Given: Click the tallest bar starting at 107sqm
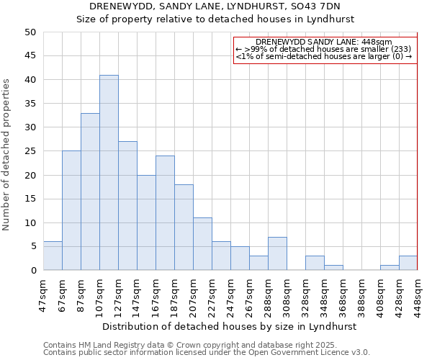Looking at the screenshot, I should (x=109, y=173).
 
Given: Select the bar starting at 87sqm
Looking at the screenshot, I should (x=90, y=192).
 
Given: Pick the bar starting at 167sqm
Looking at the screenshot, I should (x=165, y=213).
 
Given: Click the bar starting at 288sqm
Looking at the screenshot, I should (x=277, y=253).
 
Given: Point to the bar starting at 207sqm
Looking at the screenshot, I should (x=202, y=244).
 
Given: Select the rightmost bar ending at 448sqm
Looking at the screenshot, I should (x=408, y=263).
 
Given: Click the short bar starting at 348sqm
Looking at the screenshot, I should (x=333, y=268).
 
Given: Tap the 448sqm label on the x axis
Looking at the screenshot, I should (x=418, y=296).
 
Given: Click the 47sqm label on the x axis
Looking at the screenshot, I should (x=42, y=296).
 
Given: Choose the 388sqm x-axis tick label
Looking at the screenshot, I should (x=361, y=296).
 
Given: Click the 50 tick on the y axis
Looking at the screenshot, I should (x=30, y=32).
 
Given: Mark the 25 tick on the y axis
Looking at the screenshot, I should (x=30, y=151).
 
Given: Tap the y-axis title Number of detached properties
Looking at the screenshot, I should (x=8, y=155).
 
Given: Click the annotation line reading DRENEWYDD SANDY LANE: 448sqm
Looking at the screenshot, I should (x=324, y=42).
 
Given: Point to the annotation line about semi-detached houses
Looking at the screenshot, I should (x=324, y=56).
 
